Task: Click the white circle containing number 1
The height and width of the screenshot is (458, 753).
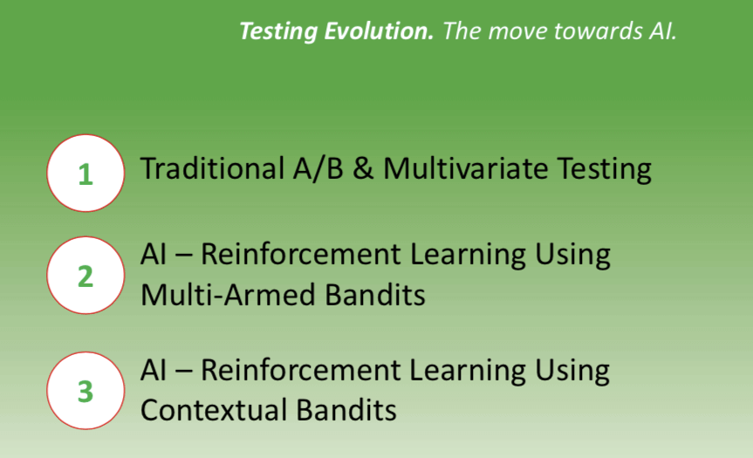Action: [86, 173]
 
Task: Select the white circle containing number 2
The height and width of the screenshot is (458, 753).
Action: [86, 276]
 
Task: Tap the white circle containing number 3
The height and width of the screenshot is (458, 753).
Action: [86, 391]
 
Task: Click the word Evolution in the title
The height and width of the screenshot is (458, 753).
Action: [379, 31]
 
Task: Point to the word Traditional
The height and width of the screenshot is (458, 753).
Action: [212, 168]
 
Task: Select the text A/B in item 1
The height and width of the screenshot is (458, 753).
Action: [318, 169]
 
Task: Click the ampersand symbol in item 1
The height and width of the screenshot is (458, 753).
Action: [363, 169]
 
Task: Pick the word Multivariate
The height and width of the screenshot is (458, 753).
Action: [465, 168]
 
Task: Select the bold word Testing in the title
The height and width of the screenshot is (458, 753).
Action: [278, 31]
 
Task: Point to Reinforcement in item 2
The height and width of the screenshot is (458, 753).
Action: [300, 254]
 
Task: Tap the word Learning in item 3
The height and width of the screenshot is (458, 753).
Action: [468, 371]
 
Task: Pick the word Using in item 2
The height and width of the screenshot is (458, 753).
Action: [572, 255]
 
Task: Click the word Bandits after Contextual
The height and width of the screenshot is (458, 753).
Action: [346, 410]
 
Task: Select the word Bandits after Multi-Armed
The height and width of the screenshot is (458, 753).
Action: [374, 294]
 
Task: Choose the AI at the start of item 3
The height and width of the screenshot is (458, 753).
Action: [154, 371]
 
